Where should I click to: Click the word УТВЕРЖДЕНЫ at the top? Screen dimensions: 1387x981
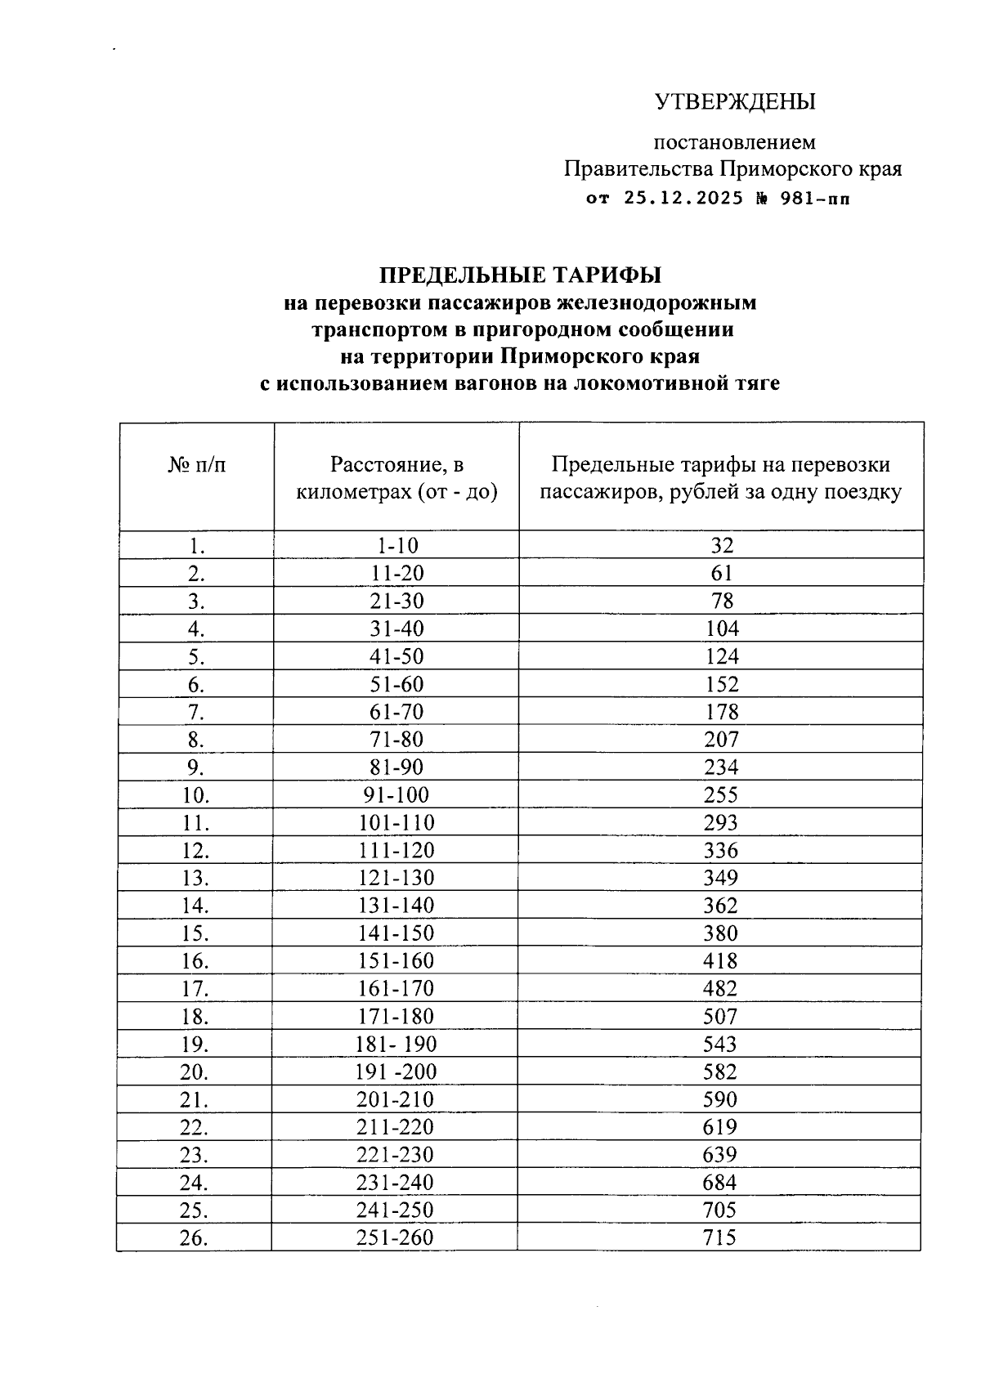pyautogui.click(x=735, y=101)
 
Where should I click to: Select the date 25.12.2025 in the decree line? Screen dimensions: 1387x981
pyautogui.click(x=683, y=198)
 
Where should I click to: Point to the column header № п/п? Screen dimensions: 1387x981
pyautogui.click(x=197, y=465)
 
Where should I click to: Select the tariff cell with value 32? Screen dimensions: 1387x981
pyautogui.click(x=721, y=545)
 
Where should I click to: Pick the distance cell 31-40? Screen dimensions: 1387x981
pyautogui.click(x=396, y=629)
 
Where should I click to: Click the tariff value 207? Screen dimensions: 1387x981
pyautogui.click(x=721, y=740)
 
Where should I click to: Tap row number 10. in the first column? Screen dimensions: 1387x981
pyautogui.click(x=195, y=795)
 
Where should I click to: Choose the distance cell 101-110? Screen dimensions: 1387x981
pyautogui.click(x=396, y=823)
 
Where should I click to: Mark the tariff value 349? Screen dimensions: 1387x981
pyautogui.click(x=721, y=878)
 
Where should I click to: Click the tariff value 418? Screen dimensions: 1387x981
pyautogui.click(x=721, y=961)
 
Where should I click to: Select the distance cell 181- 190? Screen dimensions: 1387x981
pyautogui.click(x=396, y=1045)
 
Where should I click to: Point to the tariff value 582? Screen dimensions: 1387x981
pyautogui.click(x=721, y=1072)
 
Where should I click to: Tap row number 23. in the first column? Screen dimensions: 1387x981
pyautogui.click(x=195, y=1155)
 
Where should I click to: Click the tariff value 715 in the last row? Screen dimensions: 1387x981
pyautogui.click(x=720, y=1237)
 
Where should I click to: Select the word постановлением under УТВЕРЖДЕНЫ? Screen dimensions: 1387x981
pyautogui.click(x=734, y=142)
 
